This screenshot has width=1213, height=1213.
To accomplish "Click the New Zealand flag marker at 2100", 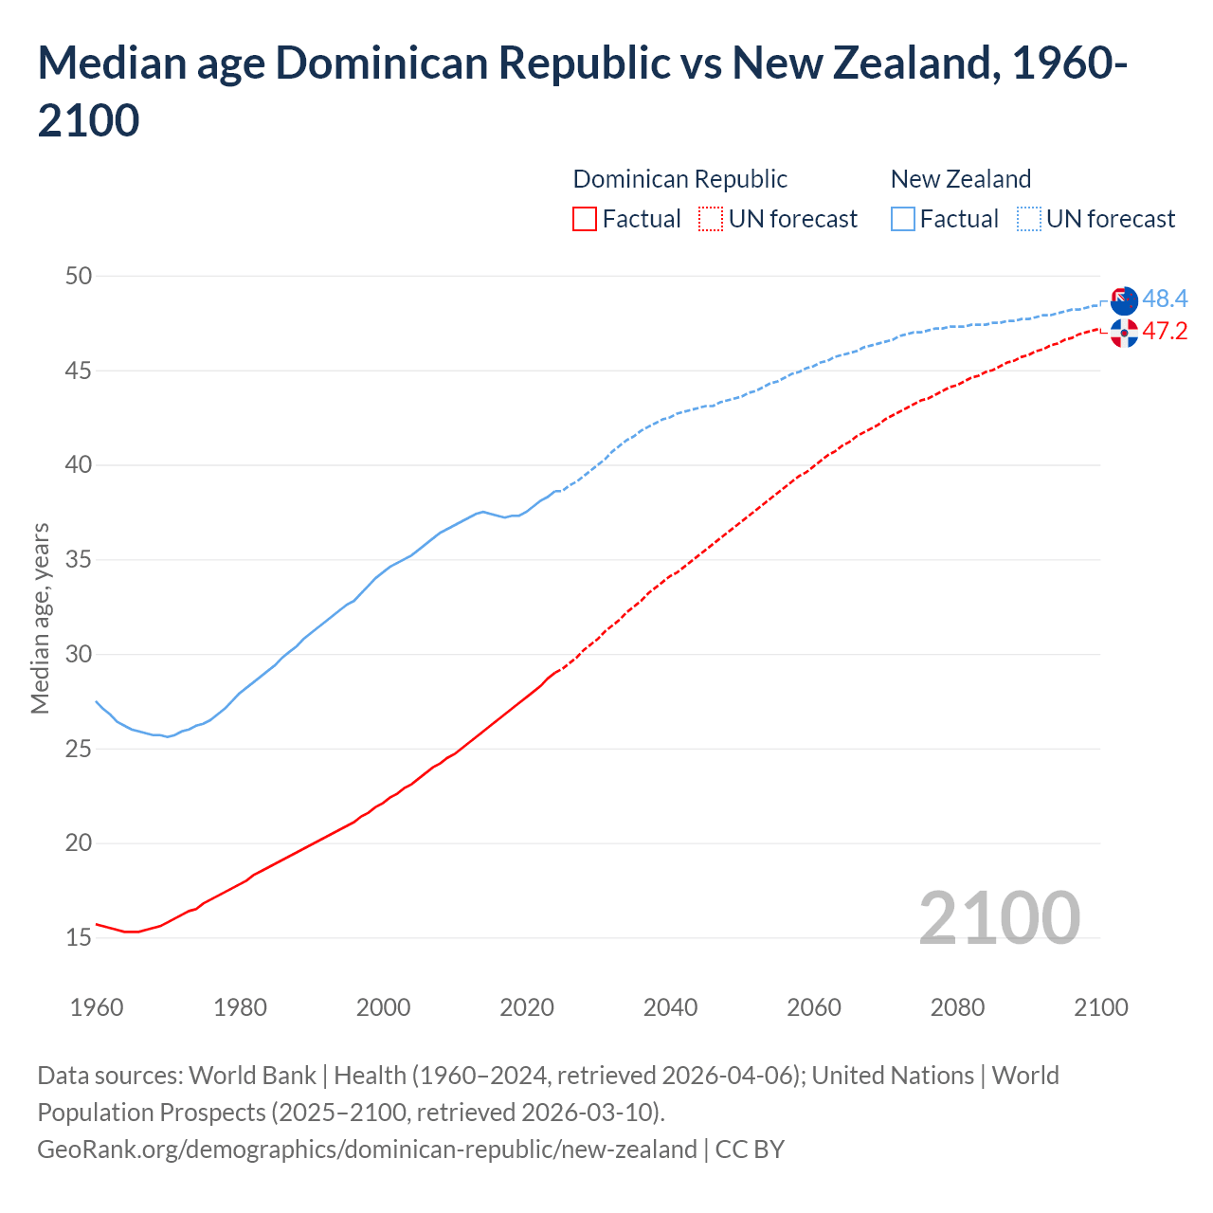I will [x=1124, y=301].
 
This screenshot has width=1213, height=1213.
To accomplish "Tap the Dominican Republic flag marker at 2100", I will [x=1124, y=333].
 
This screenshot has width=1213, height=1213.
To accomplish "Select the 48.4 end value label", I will [x=1165, y=299].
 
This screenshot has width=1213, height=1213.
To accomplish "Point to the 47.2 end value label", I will [x=1165, y=331].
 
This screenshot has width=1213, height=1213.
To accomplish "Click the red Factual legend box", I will [x=585, y=219].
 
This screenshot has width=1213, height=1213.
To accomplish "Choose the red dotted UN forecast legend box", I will [x=711, y=219].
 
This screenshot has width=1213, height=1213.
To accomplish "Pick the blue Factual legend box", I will [x=903, y=219].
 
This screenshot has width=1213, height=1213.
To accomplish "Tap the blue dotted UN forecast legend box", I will [x=1028, y=219].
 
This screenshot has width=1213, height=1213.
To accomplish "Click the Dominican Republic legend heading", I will [x=679, y=179].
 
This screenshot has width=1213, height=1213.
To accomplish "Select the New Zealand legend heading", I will [x=960, y=179].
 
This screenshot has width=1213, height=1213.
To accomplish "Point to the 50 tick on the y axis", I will [x=79, y=276].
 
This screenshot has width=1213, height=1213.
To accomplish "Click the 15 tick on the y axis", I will [x=79, y=937].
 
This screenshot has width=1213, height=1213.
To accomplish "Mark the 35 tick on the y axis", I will [x=79, y=559].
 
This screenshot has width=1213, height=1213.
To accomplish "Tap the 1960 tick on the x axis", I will [x=97, y=1007].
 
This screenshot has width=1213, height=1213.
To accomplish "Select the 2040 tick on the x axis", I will [x=670, y=1007].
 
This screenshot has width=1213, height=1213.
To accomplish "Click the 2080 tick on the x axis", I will [x=957, y=1007].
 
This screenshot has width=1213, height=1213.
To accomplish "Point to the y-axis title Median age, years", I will [x=40, y=618].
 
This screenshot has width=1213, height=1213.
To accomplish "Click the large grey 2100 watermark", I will [x=999, y=917].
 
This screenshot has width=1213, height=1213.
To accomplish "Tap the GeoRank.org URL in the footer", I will [x=367, y=1150].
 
